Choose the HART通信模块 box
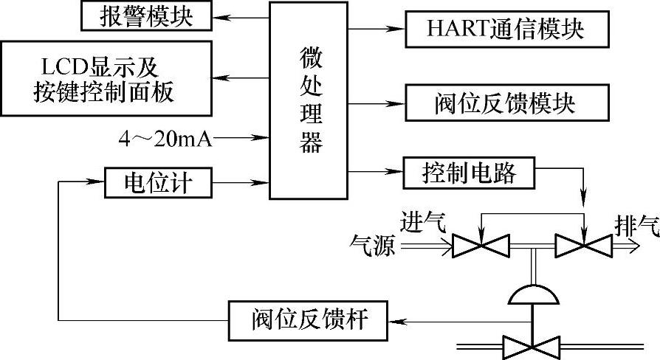(x=506, y=29)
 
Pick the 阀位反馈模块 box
(x=506, y=103)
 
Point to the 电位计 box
(x=159, y=181)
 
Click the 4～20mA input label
(x=165, y=137)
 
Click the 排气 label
(x=636, y=226)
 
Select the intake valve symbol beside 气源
(x=479, y=246)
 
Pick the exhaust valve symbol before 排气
(x=582, y=246)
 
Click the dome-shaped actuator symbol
(x=532, y=294)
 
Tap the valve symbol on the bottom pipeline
(x=532, y=345)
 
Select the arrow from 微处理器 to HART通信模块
(x=377, y=29)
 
